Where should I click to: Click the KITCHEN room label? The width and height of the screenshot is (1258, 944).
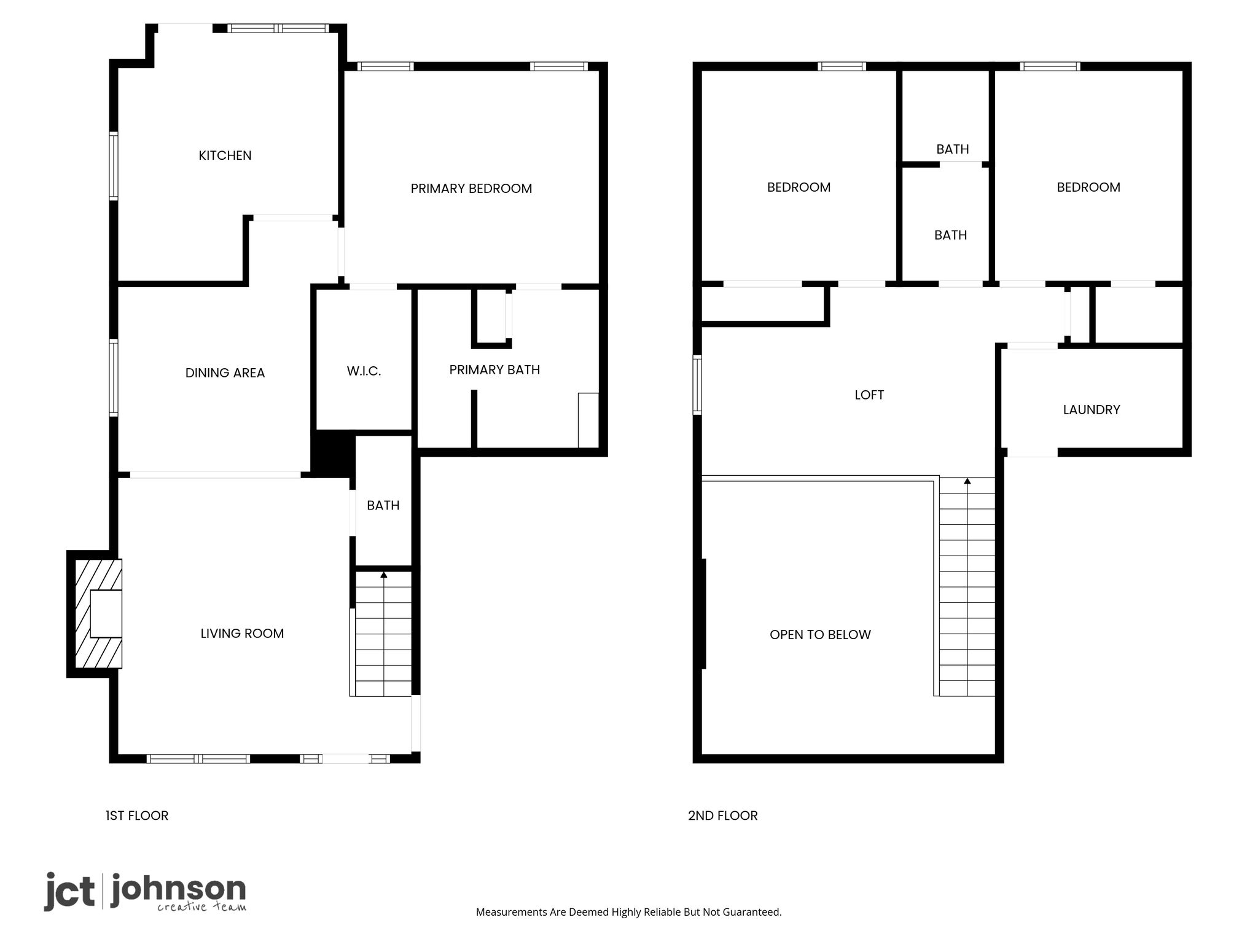pyautogui.click(x=225, y=155)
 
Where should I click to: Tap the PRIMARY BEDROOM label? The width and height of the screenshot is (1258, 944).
pyautogui.click(x=471, y=189)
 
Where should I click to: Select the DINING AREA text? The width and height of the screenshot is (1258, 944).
pyautogui.click(x=225, y=373)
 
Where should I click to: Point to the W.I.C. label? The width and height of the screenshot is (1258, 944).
pyautogui.click(x=364, y=371)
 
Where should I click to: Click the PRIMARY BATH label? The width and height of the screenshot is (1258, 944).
pyautogui.click(x=494, y=370)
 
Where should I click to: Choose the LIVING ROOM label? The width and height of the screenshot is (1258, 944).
pyautogui.click(x=242, y=634)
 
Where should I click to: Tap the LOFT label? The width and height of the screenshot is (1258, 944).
pyautogui.click(x=869, y=395)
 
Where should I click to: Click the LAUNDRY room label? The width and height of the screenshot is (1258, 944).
pyautogui.click(x=1092, y=410)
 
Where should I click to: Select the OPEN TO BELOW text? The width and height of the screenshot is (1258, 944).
pyautogui.click(x=820, y=635)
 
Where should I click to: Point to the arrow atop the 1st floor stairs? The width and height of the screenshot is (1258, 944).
pyautogui.click(x=384, y=575)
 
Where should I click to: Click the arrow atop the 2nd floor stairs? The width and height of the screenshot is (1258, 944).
pyautogui.click(x=967, y=481)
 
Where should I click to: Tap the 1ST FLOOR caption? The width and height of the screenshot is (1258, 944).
pyautogui.click(x=137, y=816)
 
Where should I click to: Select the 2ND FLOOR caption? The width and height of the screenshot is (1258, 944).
pyautogui.click(x=723, y=816)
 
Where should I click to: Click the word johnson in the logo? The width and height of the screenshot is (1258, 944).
pyautogui.click(x=178, y=889)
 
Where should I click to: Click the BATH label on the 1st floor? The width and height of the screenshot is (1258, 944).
pyautogui.click(x=383, y=506)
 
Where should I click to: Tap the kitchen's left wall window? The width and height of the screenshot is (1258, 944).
pyautogui.click(x=114, y=166)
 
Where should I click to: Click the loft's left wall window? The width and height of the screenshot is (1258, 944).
pyautogui.click(x=697, y=385)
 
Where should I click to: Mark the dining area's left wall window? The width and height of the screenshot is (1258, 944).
pyautogui.click(x=114, y=377)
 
